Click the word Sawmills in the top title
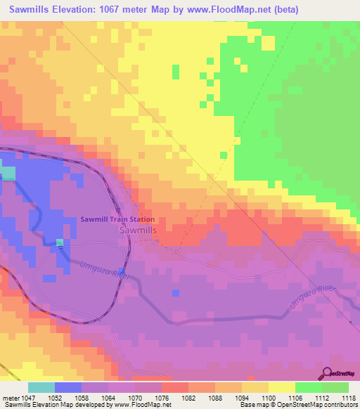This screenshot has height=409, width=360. (34, 10)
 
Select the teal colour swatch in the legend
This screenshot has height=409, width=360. (41, 387)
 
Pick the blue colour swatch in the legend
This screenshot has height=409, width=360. (68, 387)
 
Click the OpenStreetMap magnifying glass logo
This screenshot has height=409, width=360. (328, 373)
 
